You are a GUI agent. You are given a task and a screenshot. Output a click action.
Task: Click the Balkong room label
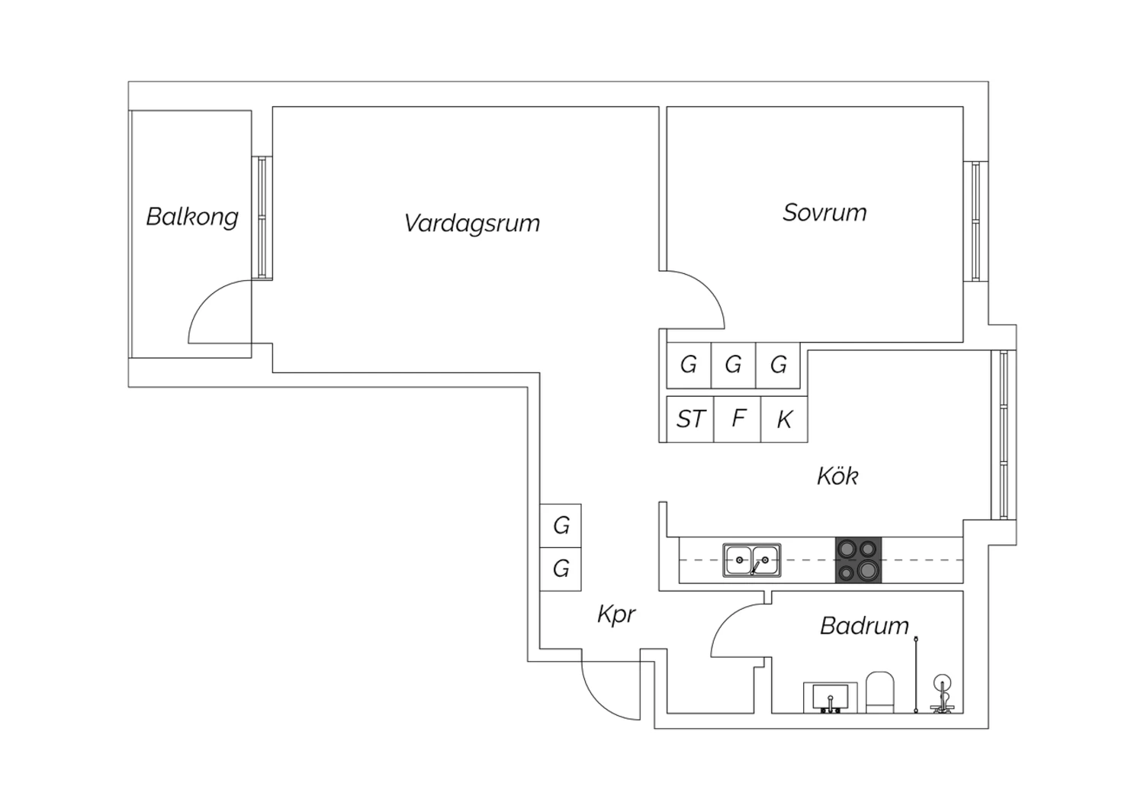(192, 218)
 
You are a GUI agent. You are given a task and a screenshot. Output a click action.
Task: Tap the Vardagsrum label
(472, 224)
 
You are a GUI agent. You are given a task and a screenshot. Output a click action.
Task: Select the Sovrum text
(824, 213)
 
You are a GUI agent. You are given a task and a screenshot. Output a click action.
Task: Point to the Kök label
(837, 475)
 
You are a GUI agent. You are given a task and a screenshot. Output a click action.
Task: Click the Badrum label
(864, 626)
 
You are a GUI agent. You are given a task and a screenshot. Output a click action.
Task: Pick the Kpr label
(616, 614)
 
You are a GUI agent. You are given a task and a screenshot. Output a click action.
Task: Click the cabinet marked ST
(690, 419)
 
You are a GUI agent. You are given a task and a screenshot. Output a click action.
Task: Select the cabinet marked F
(737, 419)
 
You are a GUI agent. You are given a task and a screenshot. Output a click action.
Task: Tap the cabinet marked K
(785, 419)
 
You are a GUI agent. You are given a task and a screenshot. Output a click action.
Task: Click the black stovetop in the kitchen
(859, 560)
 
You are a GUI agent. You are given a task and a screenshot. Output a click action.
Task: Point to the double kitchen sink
(752, 561)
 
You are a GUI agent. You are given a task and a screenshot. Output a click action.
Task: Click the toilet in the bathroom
(880, 692)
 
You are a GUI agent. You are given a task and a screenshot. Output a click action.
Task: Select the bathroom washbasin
(831, 698)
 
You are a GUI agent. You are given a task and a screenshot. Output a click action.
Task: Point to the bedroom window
(976, 221)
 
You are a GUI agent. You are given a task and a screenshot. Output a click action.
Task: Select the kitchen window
(1004, 435)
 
